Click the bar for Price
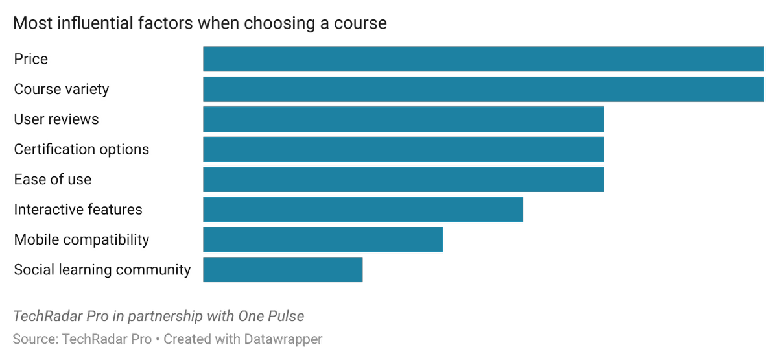tap(483, 59)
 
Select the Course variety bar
tap(483, 89)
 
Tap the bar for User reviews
tap(403, 119)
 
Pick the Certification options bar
tap(403, 149)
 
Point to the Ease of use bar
tap(403, 180)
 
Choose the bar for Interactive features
tap(363, 210)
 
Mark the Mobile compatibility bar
tap(323, 239)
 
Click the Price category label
tap(31, 59)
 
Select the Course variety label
tap(62, 89)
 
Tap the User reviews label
tap(56, 119)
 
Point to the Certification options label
tap(82, 149)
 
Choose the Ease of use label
tap(53, 180)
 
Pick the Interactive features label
tap(78, 210)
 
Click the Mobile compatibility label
tap(82, 239)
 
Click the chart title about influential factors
tap(200, 24)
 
